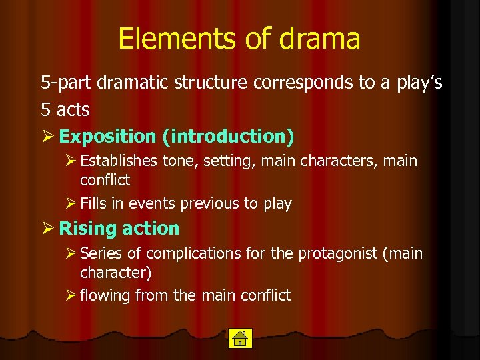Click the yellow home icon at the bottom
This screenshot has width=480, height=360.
[239, 338]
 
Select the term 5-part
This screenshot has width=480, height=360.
[67, 83]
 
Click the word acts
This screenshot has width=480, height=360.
[71, 109]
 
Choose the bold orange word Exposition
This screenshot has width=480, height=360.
[107, 136]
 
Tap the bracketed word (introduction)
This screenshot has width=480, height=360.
[227, 136]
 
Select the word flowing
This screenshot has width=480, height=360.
[105, 295]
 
